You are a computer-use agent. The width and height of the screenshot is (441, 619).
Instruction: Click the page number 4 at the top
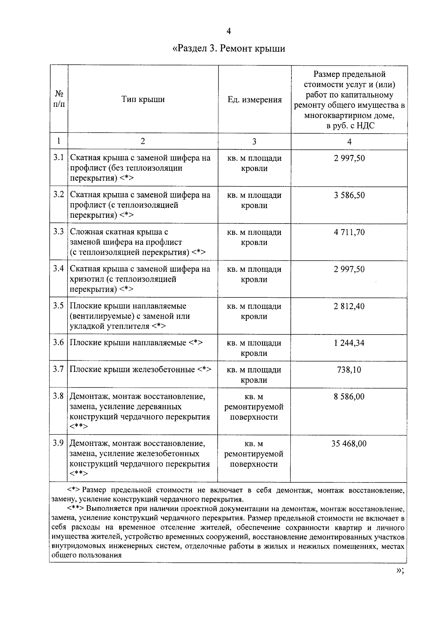click(x=229, y=31)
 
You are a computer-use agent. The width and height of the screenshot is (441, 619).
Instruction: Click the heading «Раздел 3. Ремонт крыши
click(x=229, y=48)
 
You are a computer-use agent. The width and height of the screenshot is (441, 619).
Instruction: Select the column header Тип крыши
click(x=143, y=99)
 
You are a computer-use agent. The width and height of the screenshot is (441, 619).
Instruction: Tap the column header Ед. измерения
click(x=255, y=99)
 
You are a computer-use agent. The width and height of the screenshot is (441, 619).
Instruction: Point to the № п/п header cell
click(x=59, y=99)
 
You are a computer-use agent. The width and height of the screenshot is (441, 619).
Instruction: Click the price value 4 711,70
click(x=349, y=232)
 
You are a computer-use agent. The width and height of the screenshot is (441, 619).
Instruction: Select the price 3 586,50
click(x=349, y=195)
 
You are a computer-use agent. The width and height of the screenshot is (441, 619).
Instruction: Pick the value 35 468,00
click(x=349, y=444)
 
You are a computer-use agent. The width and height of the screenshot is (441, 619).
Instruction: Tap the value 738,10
click(x=349, y=370)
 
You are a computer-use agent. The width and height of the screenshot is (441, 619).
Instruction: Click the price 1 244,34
click(x=349, y=343)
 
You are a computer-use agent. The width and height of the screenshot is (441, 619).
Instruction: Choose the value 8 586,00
click(x=349, y=397)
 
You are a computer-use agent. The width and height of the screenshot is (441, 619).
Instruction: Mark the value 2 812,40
click(x=349, y=306)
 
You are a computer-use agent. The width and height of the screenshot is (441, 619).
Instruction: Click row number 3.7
click(x=58, y=369)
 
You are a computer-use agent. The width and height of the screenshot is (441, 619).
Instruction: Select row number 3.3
click(x=58, y=232)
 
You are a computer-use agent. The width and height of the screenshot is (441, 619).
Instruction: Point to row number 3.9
click(x=58, y=443)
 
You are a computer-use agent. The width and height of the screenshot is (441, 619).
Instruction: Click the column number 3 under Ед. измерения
click(x=254, y=142)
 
